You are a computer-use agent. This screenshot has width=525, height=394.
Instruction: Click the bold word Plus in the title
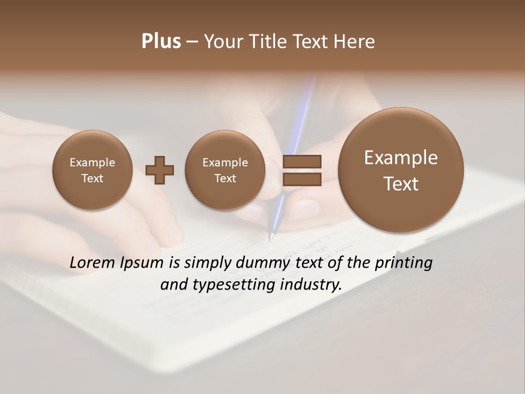point(161,42)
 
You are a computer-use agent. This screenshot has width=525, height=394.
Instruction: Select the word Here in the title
point(356,42)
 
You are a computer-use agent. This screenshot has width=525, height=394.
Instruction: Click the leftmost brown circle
point(92,170)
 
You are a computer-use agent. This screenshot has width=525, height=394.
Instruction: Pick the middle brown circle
point(225,170)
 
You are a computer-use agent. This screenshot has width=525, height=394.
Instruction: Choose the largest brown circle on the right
point(401,170)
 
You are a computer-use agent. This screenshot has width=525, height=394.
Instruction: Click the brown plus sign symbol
point(160,170)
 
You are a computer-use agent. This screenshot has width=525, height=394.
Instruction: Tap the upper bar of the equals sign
point(302,161)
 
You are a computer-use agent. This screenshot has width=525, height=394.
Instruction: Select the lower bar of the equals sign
point(302,179)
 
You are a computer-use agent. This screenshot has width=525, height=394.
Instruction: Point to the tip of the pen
point(270,239)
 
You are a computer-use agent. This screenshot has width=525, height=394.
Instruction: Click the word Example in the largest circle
point(401,158)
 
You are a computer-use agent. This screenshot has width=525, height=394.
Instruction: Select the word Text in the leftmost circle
point(92,178)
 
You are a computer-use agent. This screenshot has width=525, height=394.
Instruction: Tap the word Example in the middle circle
point(225,163)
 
